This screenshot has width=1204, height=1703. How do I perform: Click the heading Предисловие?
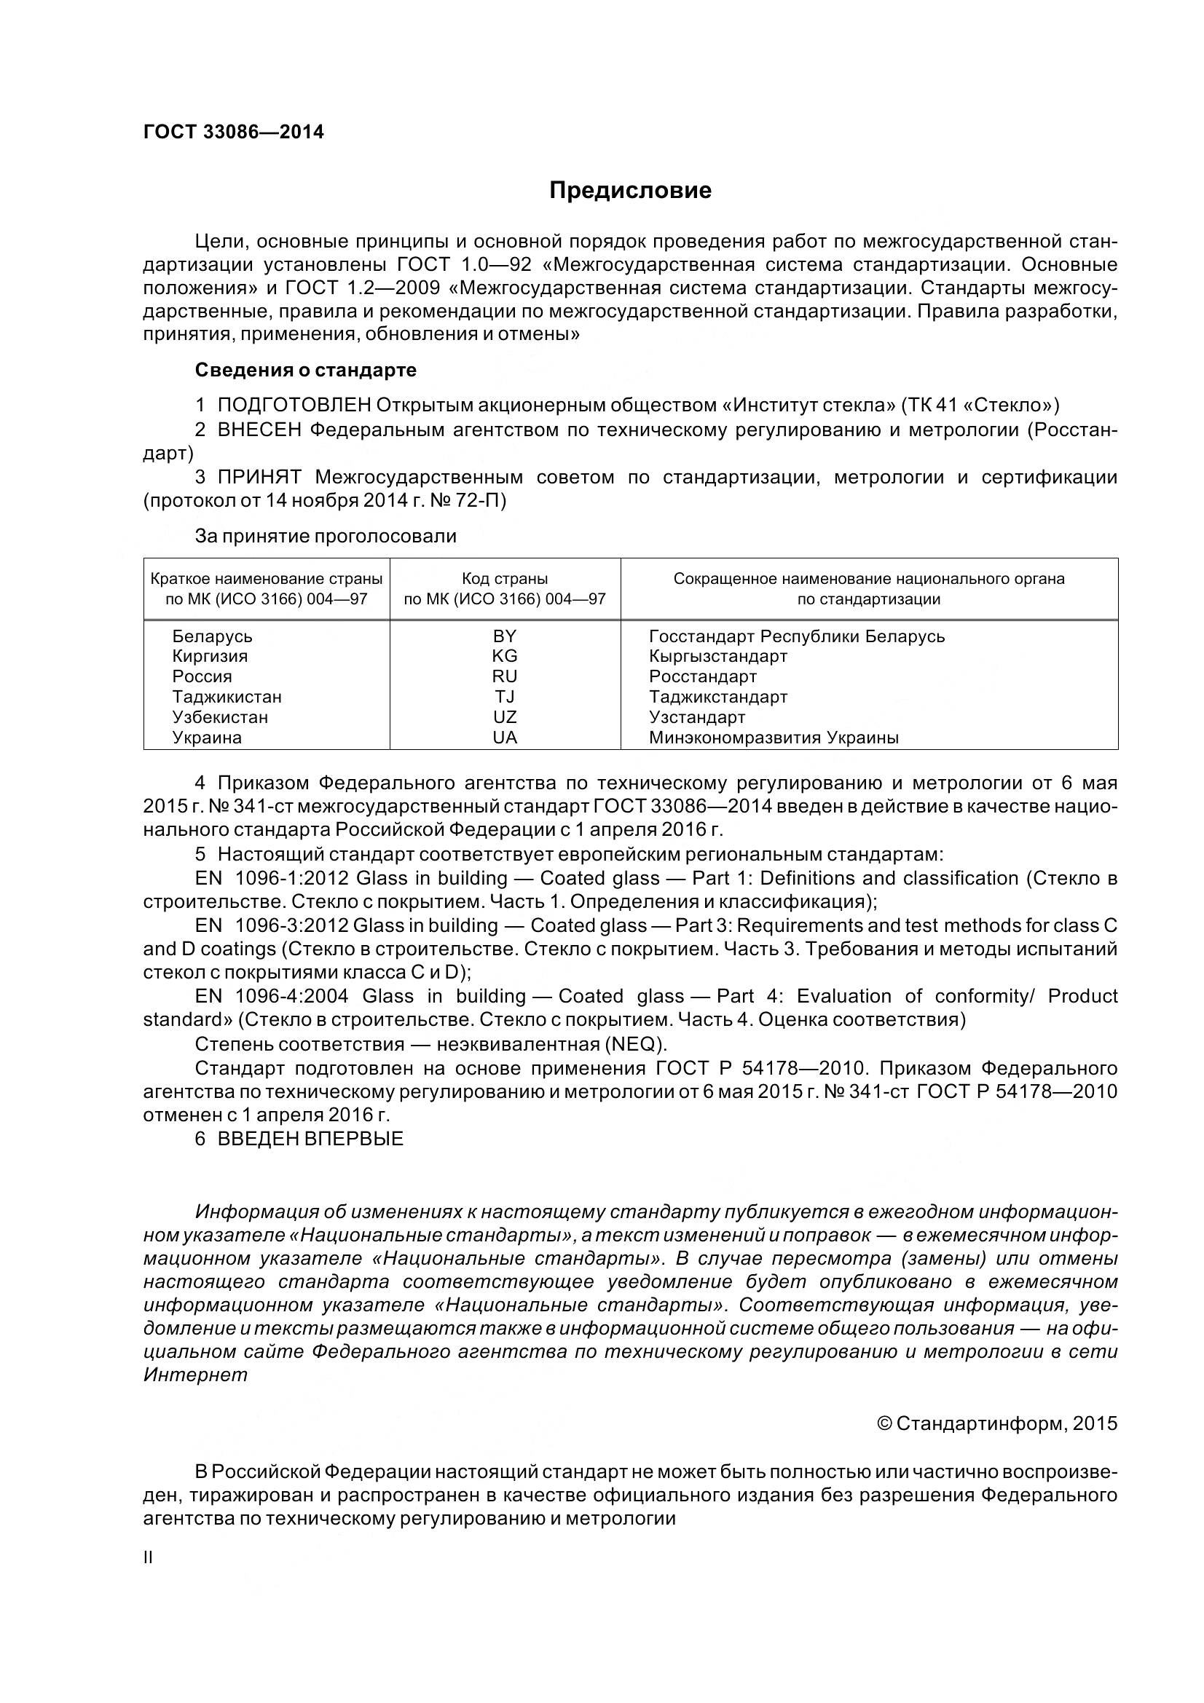(630, 191)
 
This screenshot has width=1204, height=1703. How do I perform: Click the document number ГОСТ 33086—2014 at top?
(233, 132)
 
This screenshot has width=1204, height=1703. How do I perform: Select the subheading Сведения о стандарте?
(306, 369)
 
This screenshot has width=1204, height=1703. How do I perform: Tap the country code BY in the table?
(505, 636)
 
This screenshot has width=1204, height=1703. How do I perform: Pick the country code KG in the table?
(505, 656)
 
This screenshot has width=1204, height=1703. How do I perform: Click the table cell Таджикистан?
(227, 697)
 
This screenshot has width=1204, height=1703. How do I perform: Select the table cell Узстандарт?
(696, 717)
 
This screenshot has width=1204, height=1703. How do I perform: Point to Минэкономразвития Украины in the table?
(774, 738)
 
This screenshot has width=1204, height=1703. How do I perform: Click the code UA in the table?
(505, 738)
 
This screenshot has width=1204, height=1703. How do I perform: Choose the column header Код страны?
(505, 579)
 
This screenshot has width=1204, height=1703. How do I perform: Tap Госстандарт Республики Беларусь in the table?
(797, 636)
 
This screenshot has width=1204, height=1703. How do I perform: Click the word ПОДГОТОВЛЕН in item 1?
(294, 405)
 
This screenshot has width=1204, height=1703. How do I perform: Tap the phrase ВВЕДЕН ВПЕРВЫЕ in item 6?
(310, 1139)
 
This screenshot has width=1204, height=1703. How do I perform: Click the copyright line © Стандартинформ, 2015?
(996, 1423)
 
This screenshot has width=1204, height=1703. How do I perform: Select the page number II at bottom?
(148, 1557)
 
